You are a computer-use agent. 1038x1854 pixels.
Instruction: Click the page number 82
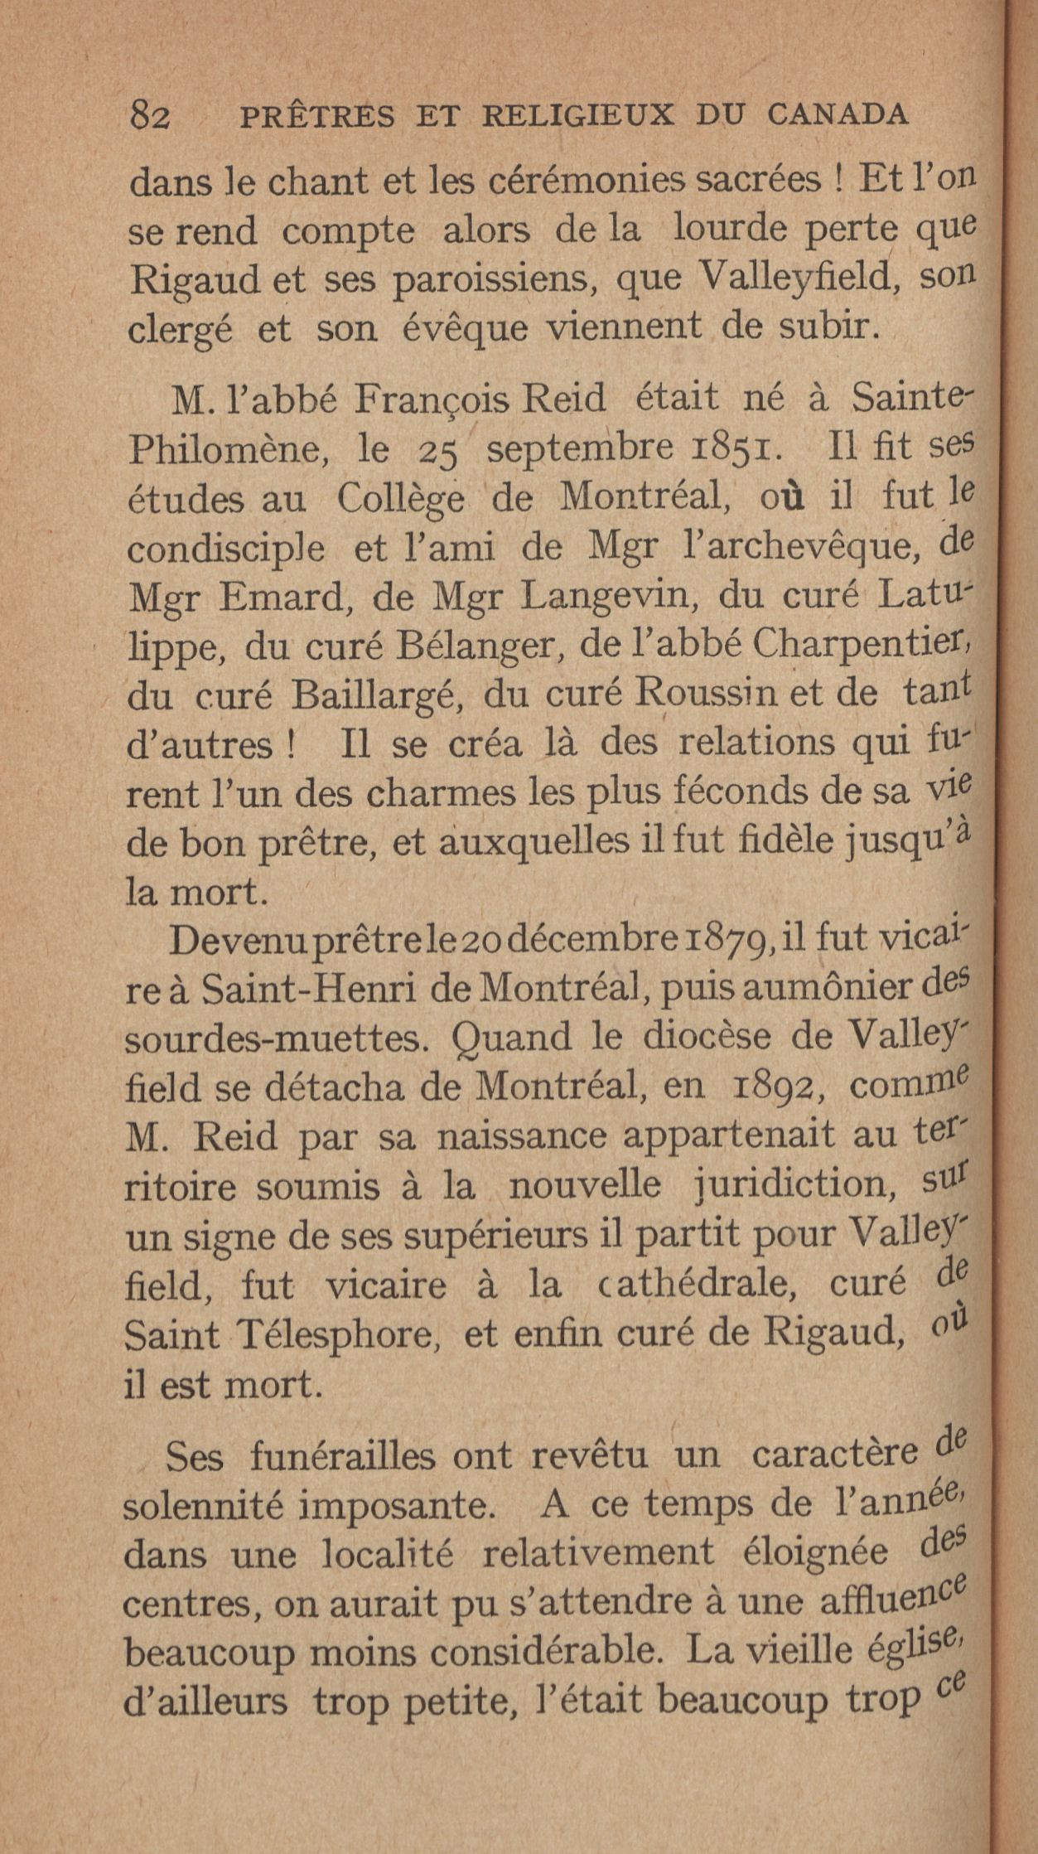[150, 117]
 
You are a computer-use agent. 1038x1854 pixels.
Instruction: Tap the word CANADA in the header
[838, 115]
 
